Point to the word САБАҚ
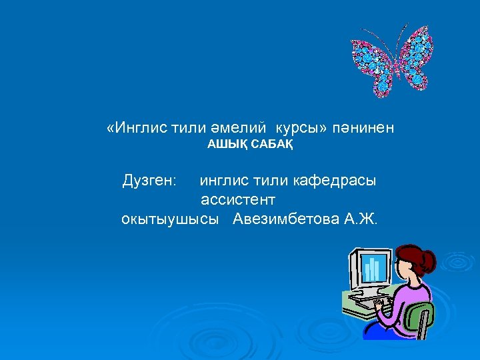(x=270, y=143)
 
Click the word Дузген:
(x=150, y=181)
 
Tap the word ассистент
(x=238, y=199)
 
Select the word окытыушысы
(x=170, y=219)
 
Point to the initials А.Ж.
(x=361, y=219)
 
